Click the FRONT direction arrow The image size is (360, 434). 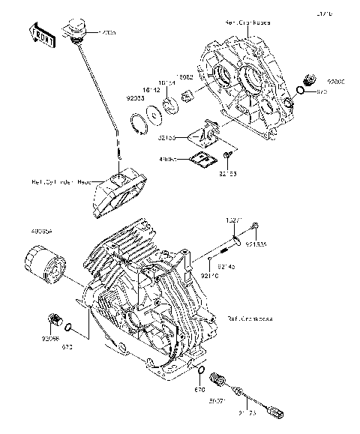[x=41, y=34]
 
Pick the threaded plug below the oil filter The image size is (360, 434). [x=53, y=321]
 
